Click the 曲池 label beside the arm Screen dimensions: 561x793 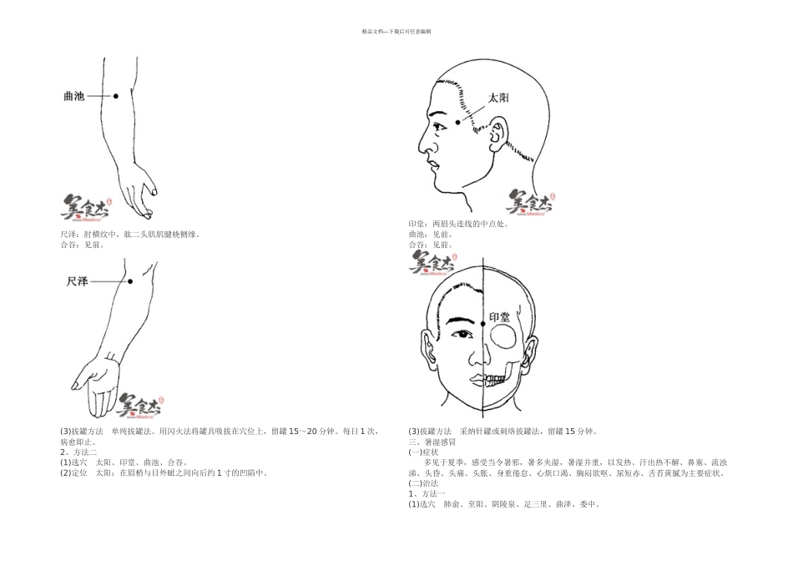(74, 96)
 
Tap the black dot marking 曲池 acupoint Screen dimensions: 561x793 (116, 96)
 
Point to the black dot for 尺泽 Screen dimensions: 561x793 (129, 282)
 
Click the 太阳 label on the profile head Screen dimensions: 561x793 (498, 98)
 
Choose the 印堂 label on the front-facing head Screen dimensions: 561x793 (499, 318)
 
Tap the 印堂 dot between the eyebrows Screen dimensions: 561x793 (482, 323)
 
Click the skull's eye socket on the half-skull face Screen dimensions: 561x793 (504, 336)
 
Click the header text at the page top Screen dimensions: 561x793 (396, 31)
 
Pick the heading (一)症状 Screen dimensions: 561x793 (423, 452)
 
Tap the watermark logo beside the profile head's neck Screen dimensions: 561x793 (530, 201)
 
